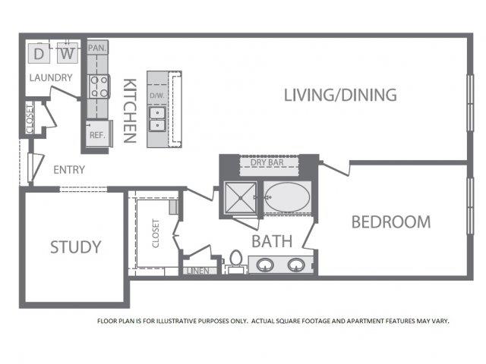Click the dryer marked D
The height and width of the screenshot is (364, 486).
[x=39, y=54]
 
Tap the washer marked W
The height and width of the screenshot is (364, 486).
[x=68, y=53]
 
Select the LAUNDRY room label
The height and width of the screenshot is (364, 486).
[x=51, y=77]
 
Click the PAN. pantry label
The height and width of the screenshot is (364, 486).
[x=97, y=48]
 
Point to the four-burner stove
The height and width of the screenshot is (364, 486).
[x=99, y=86]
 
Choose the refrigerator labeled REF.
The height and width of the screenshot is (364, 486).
[x=98, y=133]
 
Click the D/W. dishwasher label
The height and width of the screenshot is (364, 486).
[x=157, y=96]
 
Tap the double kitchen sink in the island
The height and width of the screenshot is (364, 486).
[x=157, y=119]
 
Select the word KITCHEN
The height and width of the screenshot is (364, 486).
[x=130, y=111]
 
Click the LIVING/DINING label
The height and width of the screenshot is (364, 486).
[x=340, y=95]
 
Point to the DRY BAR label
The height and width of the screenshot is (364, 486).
[x=267, y=162]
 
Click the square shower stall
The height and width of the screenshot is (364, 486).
[x=240, y=198]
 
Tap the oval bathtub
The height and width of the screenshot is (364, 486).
[x=287, y=197]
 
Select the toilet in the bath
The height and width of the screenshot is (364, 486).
[x=236, y=262]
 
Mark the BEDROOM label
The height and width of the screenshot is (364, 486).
[x=391, y=222]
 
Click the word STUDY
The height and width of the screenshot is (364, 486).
[x=76, y=247]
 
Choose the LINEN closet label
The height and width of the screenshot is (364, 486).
[x=198, y=271]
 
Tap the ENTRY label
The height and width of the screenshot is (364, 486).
[x=69, y=170]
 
